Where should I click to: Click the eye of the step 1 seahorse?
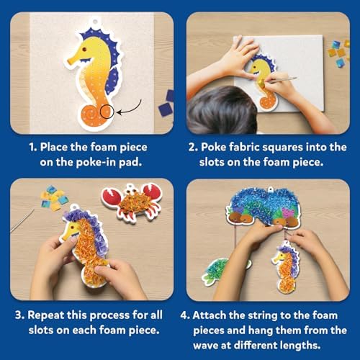pyautogui.click(x=85, y=49)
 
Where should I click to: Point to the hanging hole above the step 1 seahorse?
pyautogui.click(x=95, y=22)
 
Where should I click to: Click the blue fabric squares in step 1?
pyautogui.click(x=166, y=104)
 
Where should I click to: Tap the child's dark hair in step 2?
pyautogui.click(x=222, y=110)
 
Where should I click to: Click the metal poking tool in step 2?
pyautogui.click(x=282, y=80)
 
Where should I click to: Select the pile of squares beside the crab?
pyautogui.click(x=54, y=197)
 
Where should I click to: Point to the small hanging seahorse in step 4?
pyautogui.click(x=287, y=266)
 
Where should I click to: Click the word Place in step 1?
pyautogui.click(x=53, y=147)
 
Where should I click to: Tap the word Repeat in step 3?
pyautogui.click(x=45, y=315)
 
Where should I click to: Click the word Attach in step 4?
pyautogui.click(x=208, y=315)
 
